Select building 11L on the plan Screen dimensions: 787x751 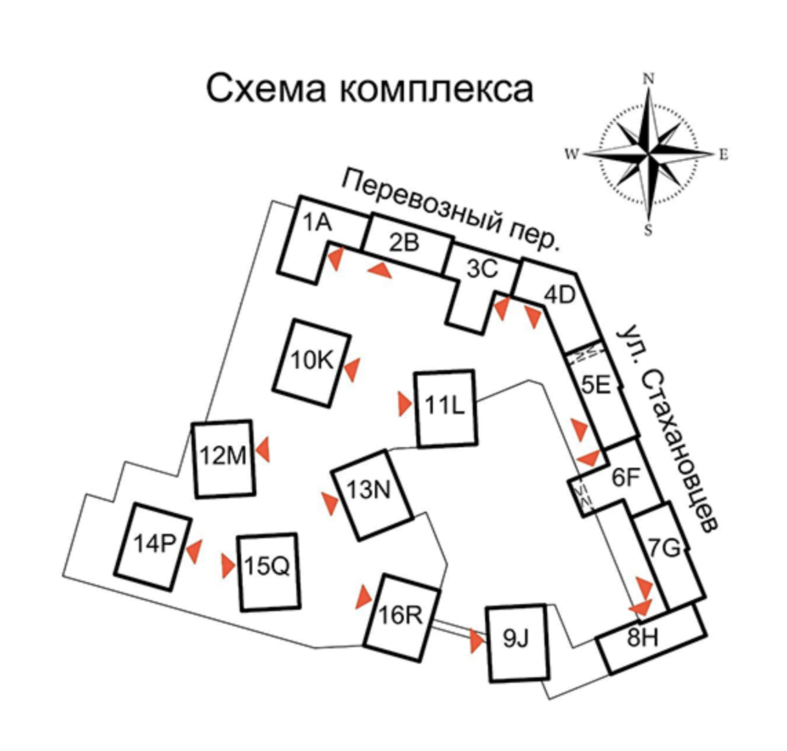pyautogui.click(x=445, y=409)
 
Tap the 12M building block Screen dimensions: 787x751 pyautogui.click(x=223, y=458)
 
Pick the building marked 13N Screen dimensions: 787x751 pyautogui.click(x=371, y=493)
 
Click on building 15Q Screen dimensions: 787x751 pyautogui.click(x=269, y=571)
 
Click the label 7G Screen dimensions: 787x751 pyautogui.click(x=664, y=548)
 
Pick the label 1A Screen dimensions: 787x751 pyautogui.click(x=318, y=223)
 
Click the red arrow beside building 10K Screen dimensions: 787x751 pyautogui.click(x=352, y=369)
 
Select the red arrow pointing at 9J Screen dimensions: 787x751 pyautogui.click(x=476, y=642)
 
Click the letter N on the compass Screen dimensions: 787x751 pyautogui.click(x=648, y=79)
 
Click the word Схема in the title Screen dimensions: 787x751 pyautogui.click(x=264, y=90)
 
